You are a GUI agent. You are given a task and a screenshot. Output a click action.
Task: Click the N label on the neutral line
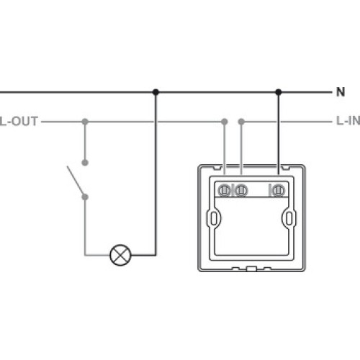point(341,92)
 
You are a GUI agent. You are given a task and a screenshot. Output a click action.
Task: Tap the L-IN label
point(348,121)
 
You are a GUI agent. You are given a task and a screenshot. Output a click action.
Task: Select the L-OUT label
point(19,121)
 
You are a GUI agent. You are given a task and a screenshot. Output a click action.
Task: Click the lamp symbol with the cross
point(120,255)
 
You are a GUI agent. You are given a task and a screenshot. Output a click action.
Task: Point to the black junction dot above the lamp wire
point(156,92)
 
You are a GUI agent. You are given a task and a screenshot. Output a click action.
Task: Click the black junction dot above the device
point(279,92)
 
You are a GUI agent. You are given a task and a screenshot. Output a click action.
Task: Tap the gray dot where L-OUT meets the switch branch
point(85,122)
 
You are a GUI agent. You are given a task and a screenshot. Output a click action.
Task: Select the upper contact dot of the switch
point(85,163)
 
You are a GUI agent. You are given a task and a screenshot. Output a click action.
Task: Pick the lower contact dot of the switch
point(85,197)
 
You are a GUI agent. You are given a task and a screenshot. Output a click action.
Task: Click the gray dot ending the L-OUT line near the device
point(225,122)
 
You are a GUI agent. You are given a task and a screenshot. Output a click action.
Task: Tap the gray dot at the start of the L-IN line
point(241,122)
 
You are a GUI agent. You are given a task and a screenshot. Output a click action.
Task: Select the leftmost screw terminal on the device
point(225,191)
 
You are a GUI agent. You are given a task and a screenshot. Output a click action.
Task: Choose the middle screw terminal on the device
point(241,191)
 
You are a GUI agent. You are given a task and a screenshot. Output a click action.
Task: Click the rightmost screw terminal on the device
point(278,191)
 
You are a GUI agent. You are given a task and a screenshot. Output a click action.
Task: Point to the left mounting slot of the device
point(214,218)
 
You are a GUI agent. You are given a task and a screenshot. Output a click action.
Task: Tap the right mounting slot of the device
point(289,218)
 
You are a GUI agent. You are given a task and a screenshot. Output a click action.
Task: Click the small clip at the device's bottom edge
point(251,269)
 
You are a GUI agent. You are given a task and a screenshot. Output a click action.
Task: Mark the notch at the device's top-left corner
point(217,168)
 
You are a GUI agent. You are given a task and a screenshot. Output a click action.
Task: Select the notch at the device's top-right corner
point(286,168)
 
